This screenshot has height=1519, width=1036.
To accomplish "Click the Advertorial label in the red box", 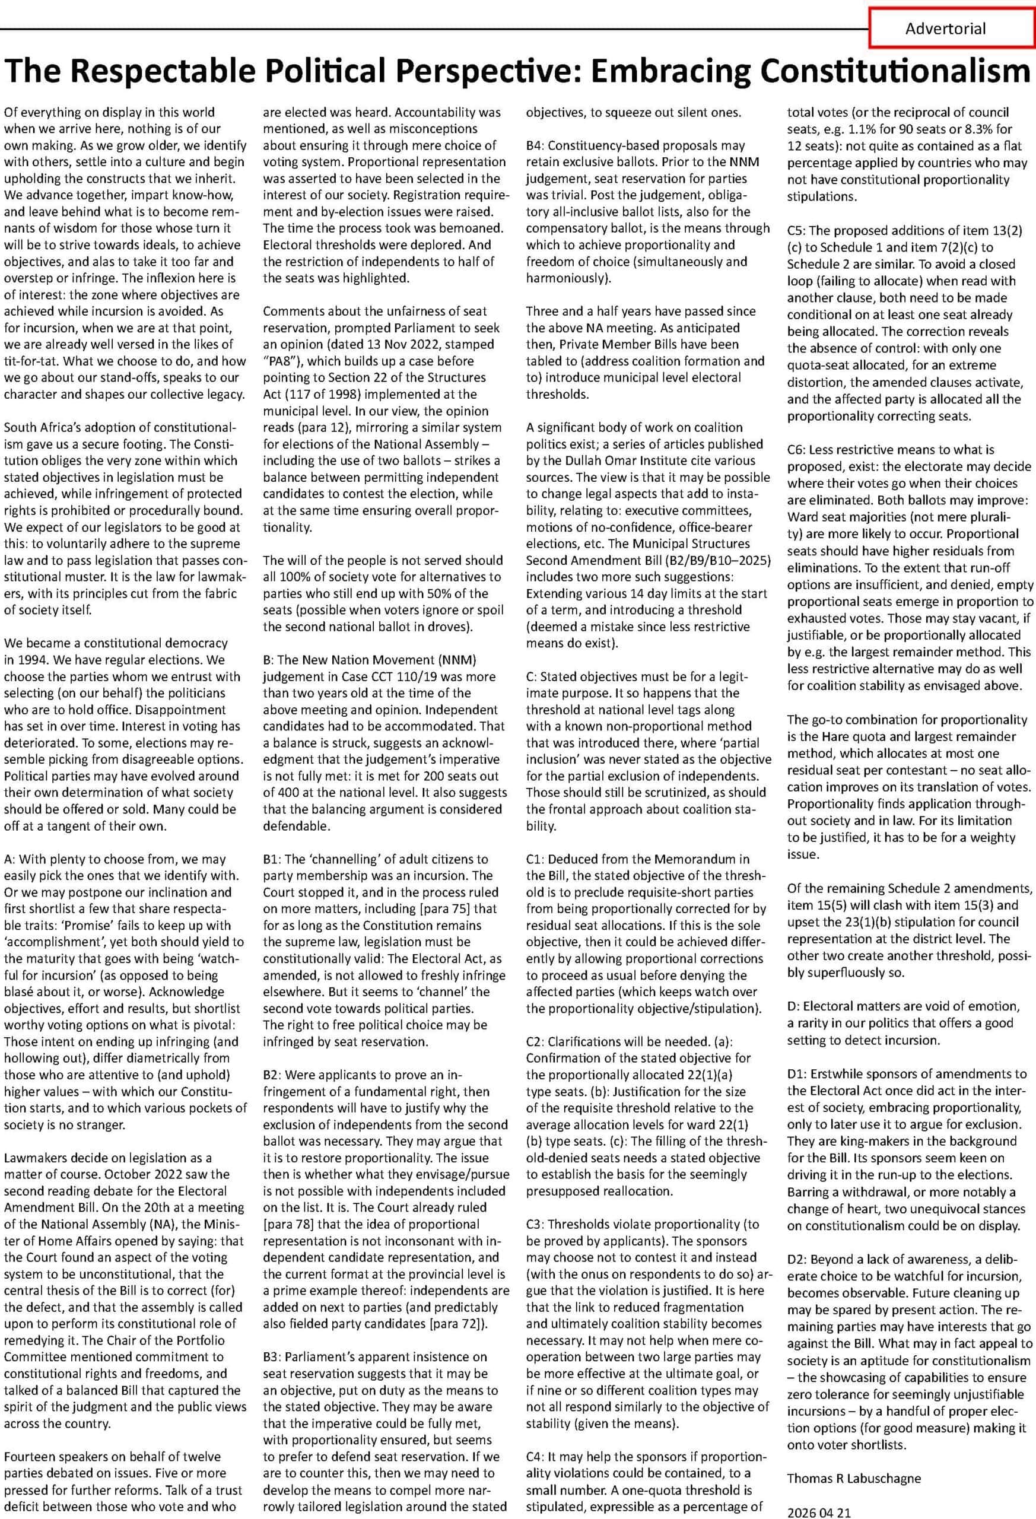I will tap(945, 28).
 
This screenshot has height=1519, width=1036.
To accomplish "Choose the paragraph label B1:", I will tap(271, 859).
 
